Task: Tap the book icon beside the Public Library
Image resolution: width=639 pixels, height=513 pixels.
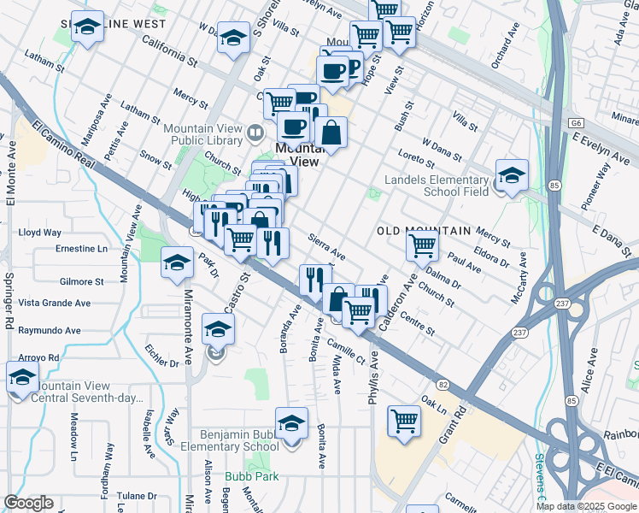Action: (255, 133)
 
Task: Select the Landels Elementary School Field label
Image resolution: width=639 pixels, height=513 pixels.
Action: (436, 186)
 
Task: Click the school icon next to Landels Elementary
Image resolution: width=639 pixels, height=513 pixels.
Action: (511, 175)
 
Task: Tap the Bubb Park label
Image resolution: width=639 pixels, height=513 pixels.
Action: (245, 476)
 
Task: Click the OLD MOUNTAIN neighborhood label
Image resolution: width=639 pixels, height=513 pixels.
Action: (424, 232)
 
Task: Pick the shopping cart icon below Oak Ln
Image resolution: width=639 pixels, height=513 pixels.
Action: (404, 421)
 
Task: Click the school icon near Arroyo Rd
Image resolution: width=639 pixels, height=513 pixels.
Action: (22, 376)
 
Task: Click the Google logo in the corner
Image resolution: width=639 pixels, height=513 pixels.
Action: (28, 502)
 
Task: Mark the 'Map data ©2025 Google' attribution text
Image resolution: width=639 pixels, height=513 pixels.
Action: (586, 506)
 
